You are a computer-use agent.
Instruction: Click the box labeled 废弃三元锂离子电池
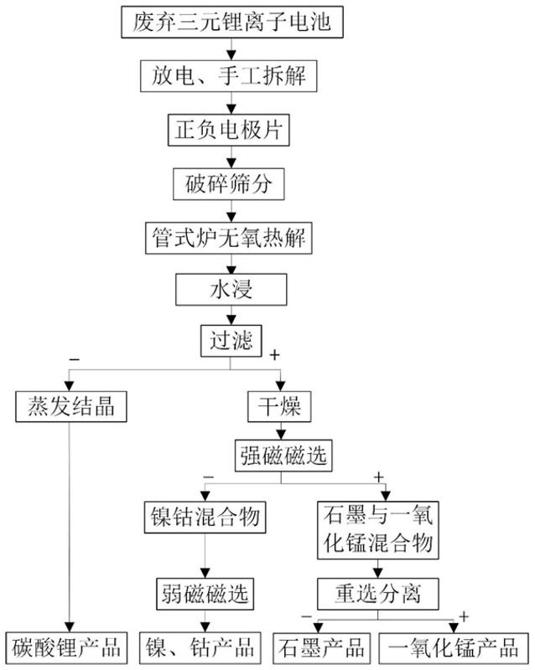pyautogui.click(x=232, y=23)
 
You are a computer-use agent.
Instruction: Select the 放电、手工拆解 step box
pyautogui.click(x=229, y=76)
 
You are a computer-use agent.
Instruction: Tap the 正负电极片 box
pyautogui.click(x=229, y=130)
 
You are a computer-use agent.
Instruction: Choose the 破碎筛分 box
pyautogui.click(x=229, y=183)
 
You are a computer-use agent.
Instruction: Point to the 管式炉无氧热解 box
pyautogui.click(x=229, y=238)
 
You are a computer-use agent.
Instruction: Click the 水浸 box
pyautogui.click(x=231, y=290)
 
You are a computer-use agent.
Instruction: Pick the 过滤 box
pyautogui.click(x=231, y=341)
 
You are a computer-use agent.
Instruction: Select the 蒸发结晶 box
pyautogui.click(x=71, y=406)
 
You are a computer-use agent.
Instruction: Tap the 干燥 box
pyautogui.click(x=279, y=406)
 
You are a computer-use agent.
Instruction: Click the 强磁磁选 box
pyautogui.click(x=283, y=456)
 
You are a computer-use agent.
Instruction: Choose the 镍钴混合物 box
pyautogui.click(x=205, y=517)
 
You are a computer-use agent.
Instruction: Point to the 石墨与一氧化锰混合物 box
pyautogui.click(x=378, y=530)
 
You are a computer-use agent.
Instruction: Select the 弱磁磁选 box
pyautogui.click(x=205, y=594)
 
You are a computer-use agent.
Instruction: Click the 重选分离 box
pyautogui.click(x=378, y=594)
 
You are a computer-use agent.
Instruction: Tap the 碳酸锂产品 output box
pyautogui.click(x=66, y=647)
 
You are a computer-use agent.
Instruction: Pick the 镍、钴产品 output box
pyautogui.click(x=200, y=647)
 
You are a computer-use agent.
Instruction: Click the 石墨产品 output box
pyautogui.click(x=322, y=647)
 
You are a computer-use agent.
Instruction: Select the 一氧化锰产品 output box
pyautogui.click(x=454, y=647)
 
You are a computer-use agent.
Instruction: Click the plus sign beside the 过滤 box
pyautogui.click(x=274, y=354)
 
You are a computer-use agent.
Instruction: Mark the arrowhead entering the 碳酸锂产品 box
pyautogui.click(x=70, y=626)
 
